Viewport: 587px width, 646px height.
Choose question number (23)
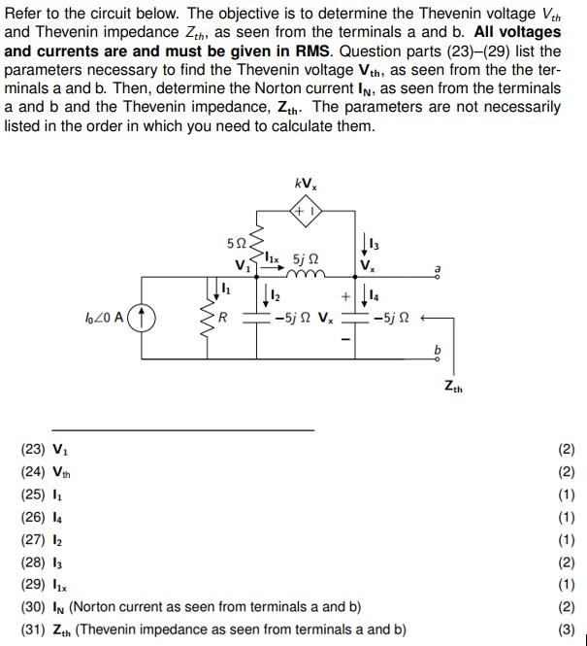[35, 449]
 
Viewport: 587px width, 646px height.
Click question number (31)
[35, 629]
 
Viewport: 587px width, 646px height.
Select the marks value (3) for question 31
[567, 629]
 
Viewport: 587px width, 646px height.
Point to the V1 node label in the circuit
[242, 265]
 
